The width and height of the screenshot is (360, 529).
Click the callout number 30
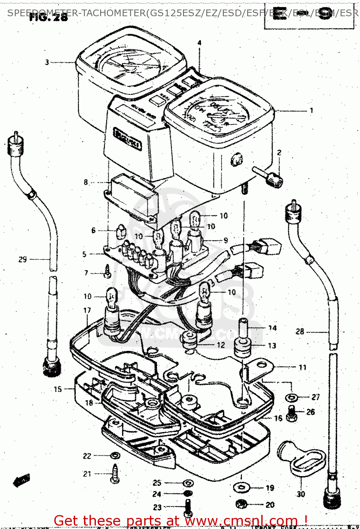click(301, 494)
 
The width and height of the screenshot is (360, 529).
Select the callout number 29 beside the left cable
click(23, 260)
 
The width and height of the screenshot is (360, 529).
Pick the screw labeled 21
click(116, 474)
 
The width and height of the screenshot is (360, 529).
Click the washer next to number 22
click(115, 455)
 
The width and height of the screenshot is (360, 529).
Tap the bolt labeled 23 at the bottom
click(188, 507)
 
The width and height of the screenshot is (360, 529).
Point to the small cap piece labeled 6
click(121, 231)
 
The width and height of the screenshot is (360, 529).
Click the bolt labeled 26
click(292, 413)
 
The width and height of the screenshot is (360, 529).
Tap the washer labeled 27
click(292, 397)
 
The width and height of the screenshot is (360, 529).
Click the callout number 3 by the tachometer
click(47, 62)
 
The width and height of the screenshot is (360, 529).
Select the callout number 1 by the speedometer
click(311, 111)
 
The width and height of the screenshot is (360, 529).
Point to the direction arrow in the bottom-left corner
click(22, 480)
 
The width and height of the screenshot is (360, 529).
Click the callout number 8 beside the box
click(86, 182)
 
